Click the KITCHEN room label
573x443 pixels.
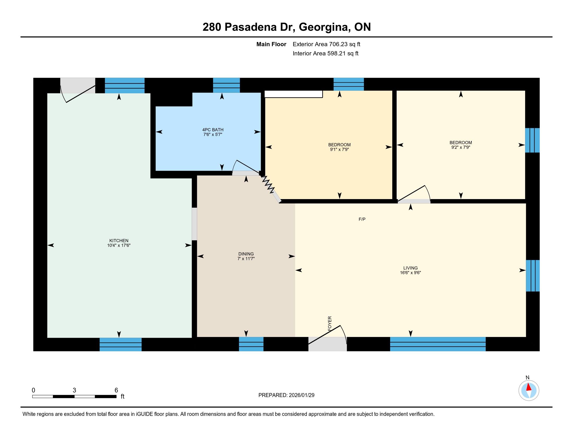click(119, 241)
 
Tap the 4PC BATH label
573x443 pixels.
click(213, 130)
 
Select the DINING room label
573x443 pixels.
click(246, 254)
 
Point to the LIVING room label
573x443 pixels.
click(410, 268)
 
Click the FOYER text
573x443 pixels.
click(330, 323)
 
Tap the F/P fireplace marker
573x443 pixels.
click(362, 219)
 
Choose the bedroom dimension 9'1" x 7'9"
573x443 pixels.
click(339, 150)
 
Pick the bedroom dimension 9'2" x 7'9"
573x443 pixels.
click(460, 147)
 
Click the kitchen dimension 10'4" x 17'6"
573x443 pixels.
click(119, 245)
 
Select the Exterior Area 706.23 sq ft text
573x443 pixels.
click(326, 44)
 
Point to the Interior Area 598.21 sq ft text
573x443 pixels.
click(325, 53)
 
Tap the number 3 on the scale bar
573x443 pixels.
click(74, 390)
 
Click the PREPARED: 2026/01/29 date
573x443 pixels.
click(286, 395)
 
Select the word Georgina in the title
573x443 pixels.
click(324, 27)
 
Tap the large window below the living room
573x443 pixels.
click(438, 344)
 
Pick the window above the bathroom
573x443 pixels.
click(226, 85)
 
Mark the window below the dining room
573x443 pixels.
click(251, 344)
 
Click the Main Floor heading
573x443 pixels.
click(271, 44)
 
